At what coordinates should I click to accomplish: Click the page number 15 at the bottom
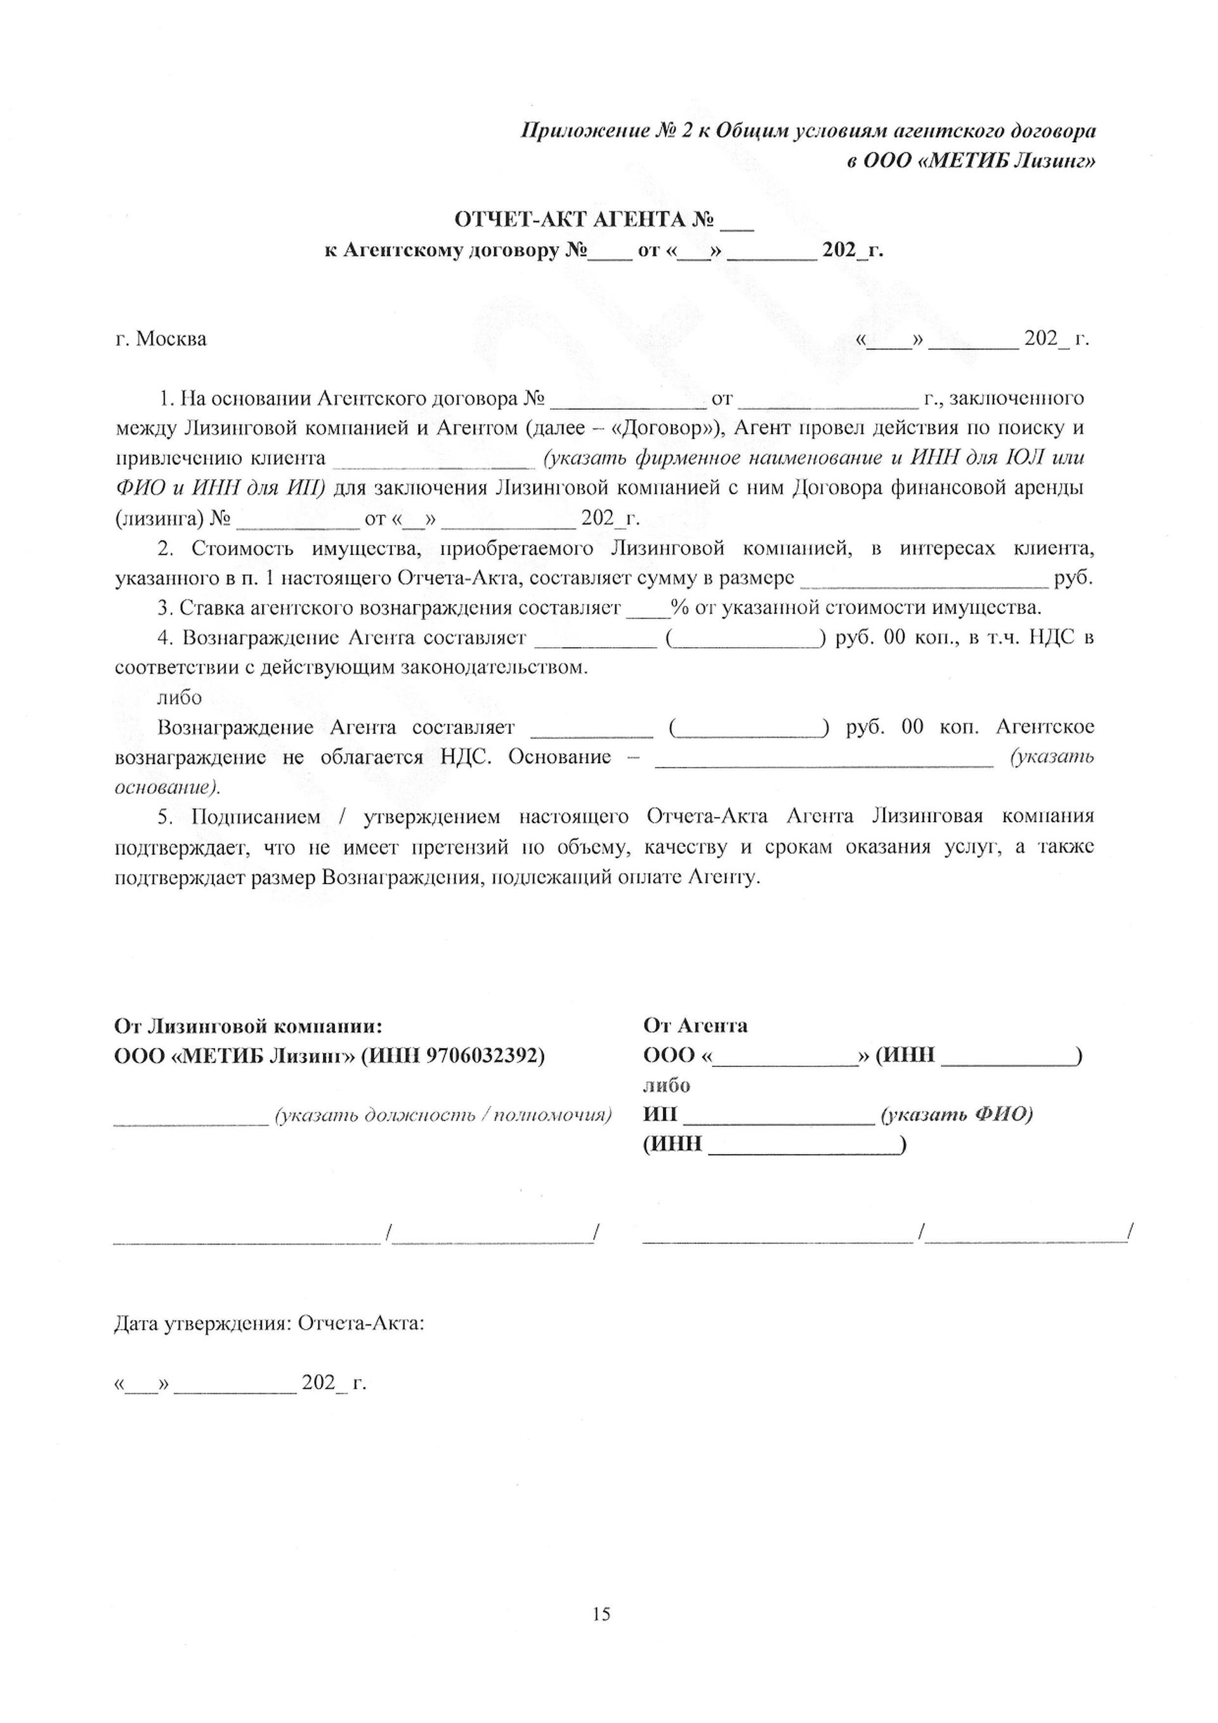click(x=601, y=1608)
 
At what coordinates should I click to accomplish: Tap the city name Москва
click(x=171, y=339)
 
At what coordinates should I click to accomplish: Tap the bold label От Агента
click(x=695, y=1025)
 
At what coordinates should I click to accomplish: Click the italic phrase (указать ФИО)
click(x=957, y=1115)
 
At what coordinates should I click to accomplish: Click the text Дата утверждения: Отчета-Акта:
click(x=270, y=1322)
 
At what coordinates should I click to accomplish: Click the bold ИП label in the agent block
click(x=660, y=1115)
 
